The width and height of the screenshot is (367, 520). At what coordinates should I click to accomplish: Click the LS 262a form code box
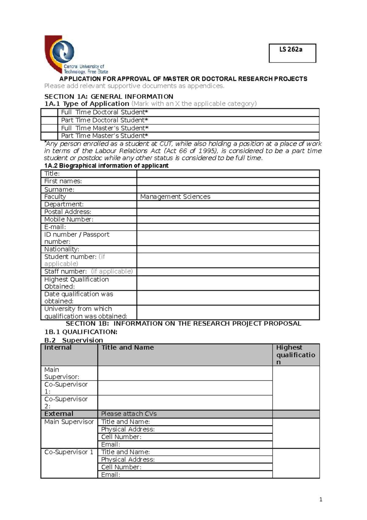pos(292,53)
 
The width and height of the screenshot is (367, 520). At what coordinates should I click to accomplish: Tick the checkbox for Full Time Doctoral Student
pos(49,112)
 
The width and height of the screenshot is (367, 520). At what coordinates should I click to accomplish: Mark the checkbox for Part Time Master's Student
pos(49,136)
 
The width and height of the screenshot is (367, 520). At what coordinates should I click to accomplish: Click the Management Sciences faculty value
pos(175,197)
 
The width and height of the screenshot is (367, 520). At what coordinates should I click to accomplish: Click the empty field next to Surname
pos(228,189)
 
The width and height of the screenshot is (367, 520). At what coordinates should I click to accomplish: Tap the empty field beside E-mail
pos(228,227)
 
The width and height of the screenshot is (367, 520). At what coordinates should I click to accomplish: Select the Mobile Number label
pos(69,219)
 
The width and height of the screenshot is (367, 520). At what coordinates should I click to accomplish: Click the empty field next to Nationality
pos(228,249)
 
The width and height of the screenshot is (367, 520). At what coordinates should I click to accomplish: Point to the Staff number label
pos(65,271)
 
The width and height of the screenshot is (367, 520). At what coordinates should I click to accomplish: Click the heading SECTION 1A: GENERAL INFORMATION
pos(109,96)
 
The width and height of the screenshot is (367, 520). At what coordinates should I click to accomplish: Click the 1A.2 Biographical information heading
pos(106,166)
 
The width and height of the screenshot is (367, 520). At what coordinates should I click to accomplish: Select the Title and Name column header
pos(128,348)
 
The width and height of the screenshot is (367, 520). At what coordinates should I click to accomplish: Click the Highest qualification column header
pos(295,355)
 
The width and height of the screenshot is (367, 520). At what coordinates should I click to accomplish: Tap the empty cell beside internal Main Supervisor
pos(185,373)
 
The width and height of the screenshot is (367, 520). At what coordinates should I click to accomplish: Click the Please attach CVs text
pos(129,414)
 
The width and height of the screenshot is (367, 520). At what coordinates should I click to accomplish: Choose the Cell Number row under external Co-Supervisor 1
pos(185,467)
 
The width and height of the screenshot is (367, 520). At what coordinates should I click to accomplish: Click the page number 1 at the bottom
pos(321,499)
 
